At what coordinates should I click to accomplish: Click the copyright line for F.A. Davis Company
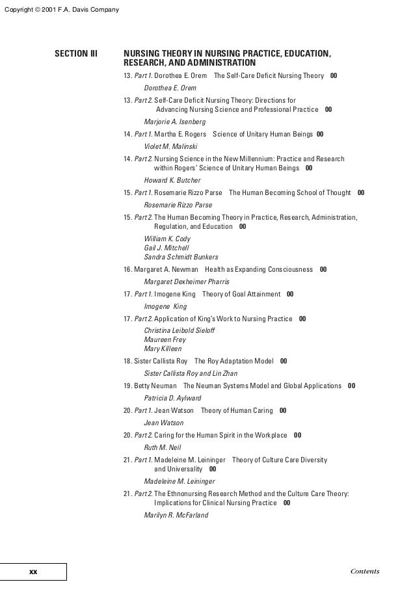(60, 8)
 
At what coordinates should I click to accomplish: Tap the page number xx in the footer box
(33, 572)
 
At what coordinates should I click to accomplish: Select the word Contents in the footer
(364, 572)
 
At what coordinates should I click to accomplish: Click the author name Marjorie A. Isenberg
(174, 122)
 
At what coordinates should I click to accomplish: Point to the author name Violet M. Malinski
(170, 146)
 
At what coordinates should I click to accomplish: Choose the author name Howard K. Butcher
(172, 180)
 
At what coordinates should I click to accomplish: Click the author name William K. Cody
(167, 239)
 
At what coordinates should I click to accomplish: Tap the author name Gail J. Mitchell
(166, 248)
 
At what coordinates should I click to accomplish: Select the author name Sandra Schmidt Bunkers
(181, 256)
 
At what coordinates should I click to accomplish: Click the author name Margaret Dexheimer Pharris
(186, 282)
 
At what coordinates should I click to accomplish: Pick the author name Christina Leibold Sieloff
(180, 331)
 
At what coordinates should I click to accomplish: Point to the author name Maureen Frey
(165, 339)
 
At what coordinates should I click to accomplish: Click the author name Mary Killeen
(163, 349)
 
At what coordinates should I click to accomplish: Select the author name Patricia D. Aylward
(172, 398)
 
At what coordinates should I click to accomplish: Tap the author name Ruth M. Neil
(162, 447)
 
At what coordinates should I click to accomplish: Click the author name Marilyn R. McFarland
(176, 515)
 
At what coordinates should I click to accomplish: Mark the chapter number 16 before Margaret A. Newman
(127, 269)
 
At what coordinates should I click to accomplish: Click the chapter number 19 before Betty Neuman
(127, 386)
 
